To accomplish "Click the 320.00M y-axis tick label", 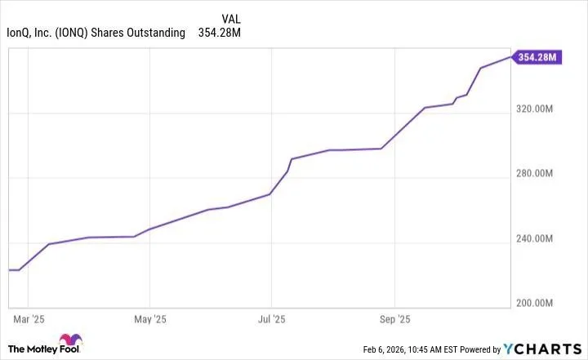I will click(x=540, y=109).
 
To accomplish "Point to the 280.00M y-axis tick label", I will click(x=540, y=174).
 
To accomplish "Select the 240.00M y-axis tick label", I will click(x=540, y=238).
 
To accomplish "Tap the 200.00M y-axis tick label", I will click(x=540, y=303).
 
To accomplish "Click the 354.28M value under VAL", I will click(x=220, y=33).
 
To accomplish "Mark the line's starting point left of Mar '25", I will click(x=9, y=269).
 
